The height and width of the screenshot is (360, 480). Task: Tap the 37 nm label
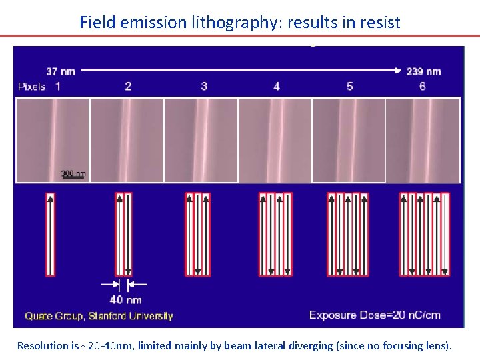tap(61, 71)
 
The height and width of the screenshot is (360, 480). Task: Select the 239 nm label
tap(423, 71)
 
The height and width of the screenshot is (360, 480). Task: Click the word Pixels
tap(32, 87)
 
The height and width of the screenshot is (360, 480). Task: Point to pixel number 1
tap(58, 87)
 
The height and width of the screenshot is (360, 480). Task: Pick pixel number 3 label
tap(204, 87)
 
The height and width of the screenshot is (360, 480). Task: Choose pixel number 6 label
tap(422, 87)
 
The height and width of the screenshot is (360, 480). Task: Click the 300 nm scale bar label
tap(73, 174)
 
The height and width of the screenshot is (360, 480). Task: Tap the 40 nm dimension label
tap(125, 299)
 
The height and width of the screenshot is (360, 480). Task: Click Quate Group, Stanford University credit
tap(99, 316)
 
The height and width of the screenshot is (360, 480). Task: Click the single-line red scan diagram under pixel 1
tap(50, 234)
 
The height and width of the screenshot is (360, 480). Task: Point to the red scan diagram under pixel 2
tap(123, 234)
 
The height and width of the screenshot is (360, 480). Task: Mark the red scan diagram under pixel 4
tap(275, 234)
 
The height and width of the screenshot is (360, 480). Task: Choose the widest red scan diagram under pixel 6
tap(424, 234)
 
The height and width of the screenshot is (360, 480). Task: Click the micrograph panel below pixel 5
tap(349, 140)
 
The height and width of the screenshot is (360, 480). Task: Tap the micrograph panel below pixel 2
tap(127, 140)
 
